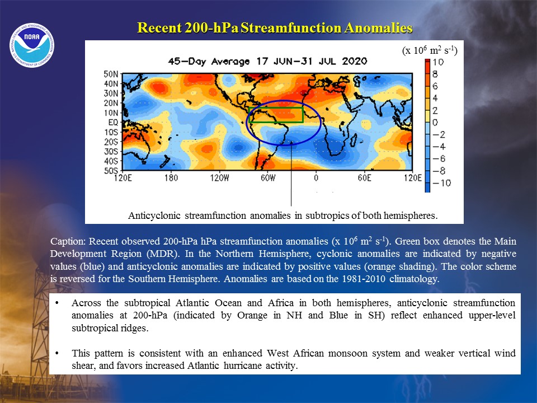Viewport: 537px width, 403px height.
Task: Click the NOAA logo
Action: coord(32,45)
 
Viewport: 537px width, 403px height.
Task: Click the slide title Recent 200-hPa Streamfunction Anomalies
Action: coord(275,28)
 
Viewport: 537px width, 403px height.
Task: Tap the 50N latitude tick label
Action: coord(111,74)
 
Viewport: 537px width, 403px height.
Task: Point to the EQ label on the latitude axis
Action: coord(113,123)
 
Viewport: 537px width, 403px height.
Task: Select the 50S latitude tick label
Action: coord(111,171)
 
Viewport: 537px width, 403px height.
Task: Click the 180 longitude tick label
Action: coord(171,178)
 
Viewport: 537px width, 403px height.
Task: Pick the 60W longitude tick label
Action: coord(268,178)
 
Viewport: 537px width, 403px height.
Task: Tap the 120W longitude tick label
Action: coord(219,178)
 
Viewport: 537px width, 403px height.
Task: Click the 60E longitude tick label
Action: coord(364,178)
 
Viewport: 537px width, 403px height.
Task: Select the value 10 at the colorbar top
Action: coord(438,62)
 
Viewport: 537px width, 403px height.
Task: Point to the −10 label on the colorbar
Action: coord(442,183)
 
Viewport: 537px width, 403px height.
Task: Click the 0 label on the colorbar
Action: coord(436,123)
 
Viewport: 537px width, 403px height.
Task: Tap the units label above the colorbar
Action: coord(430,50)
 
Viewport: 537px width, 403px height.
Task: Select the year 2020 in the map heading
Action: coord(355,62)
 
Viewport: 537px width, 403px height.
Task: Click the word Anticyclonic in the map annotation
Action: coord(154,215)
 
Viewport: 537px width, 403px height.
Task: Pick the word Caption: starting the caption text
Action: coord(68,241)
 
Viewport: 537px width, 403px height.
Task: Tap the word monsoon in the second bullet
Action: coord(347,353)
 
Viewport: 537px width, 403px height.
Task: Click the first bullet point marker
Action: coord(56,303)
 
